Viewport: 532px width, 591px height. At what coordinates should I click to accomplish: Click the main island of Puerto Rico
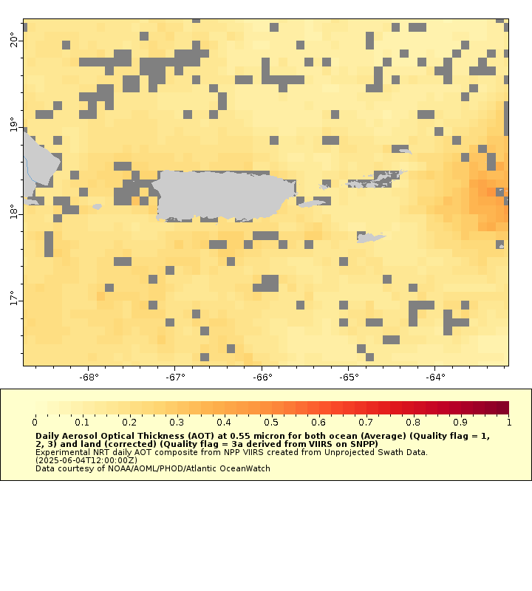(222, 195)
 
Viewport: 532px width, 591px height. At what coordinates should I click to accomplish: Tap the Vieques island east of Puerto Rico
(313, 203)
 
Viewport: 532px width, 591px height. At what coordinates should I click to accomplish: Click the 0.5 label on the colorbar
(271, 422)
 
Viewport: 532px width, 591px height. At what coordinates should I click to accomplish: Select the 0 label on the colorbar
(35, 422)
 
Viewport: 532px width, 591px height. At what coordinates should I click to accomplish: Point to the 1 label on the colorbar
(508, 422)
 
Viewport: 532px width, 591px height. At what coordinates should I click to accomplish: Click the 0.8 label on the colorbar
(414, 422)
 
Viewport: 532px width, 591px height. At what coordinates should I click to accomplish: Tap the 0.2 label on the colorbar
(129, 422)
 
